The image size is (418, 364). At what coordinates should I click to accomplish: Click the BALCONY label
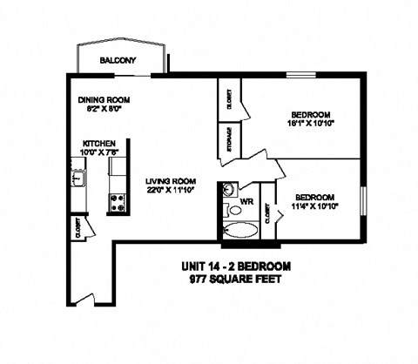click(118, 60)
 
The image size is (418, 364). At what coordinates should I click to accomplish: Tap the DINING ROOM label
click(104, 99)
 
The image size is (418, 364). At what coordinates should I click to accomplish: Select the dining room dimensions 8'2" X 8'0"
click(104, 110)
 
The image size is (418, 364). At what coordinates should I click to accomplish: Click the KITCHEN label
click(100, 144)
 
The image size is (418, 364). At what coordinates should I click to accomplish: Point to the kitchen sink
click(77, 180)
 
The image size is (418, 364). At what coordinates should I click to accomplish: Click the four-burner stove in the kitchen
click(118, 202)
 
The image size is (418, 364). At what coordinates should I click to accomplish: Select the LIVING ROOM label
click(168, 180)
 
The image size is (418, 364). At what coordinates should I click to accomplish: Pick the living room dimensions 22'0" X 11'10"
click(168, 191)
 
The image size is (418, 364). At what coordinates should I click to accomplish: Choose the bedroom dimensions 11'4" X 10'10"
click(313, 206)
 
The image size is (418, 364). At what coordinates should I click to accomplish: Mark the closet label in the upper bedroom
click(229, 99)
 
